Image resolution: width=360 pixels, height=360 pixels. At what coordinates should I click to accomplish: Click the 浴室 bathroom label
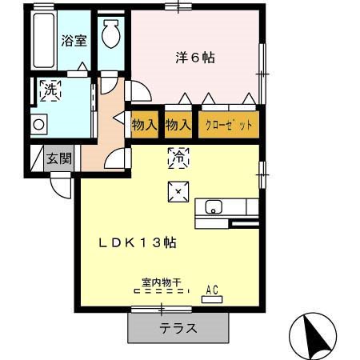74,41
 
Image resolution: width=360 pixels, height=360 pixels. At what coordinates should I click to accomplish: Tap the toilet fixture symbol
110,36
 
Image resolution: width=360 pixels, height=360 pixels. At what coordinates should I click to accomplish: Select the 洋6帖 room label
195,58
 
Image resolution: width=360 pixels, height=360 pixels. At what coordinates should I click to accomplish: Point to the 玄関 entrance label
59,158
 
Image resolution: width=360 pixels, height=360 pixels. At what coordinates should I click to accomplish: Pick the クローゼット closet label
229,125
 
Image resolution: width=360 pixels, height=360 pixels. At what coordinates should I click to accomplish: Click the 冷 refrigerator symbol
178,158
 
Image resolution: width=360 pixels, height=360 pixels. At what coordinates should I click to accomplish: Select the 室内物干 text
162,282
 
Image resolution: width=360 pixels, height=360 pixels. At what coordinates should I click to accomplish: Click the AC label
213,290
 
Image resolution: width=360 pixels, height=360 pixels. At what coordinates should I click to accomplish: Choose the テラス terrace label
178,328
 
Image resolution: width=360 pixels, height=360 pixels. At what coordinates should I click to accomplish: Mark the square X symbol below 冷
177,190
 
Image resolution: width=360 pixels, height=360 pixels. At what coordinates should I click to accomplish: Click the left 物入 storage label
144,125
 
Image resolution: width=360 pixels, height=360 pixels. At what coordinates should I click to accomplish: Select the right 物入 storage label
178,125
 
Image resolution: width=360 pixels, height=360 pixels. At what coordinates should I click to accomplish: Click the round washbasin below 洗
38,124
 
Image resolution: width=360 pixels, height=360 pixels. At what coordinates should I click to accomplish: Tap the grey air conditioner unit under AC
213,299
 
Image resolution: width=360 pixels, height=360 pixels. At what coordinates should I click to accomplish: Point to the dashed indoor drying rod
162,292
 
